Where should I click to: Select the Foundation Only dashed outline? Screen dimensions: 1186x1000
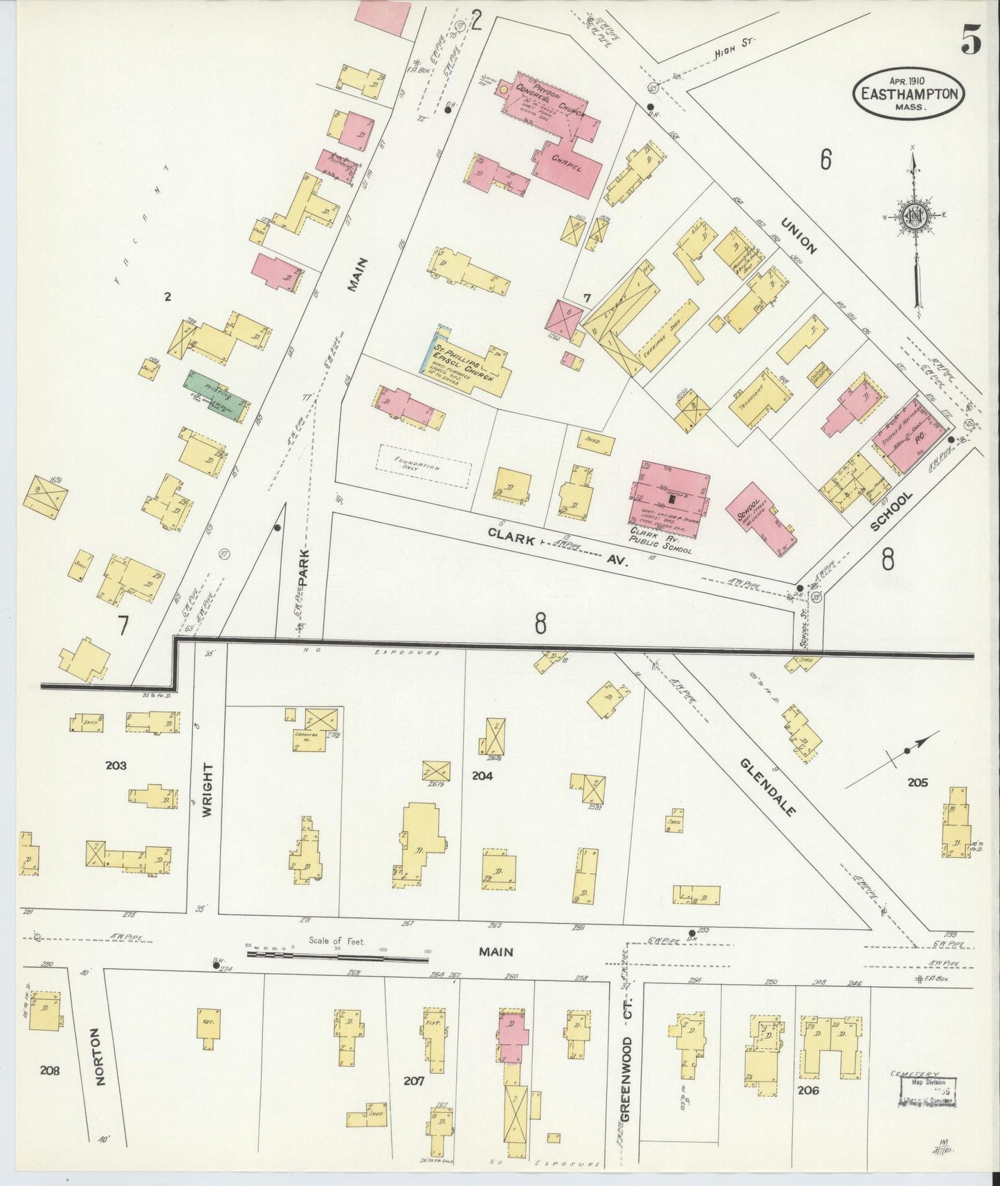click(424, 466)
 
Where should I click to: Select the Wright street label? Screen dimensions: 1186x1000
click(207, 790)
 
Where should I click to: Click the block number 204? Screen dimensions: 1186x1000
click(482, 776)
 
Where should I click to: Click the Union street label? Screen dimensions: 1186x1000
click(799, 236)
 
